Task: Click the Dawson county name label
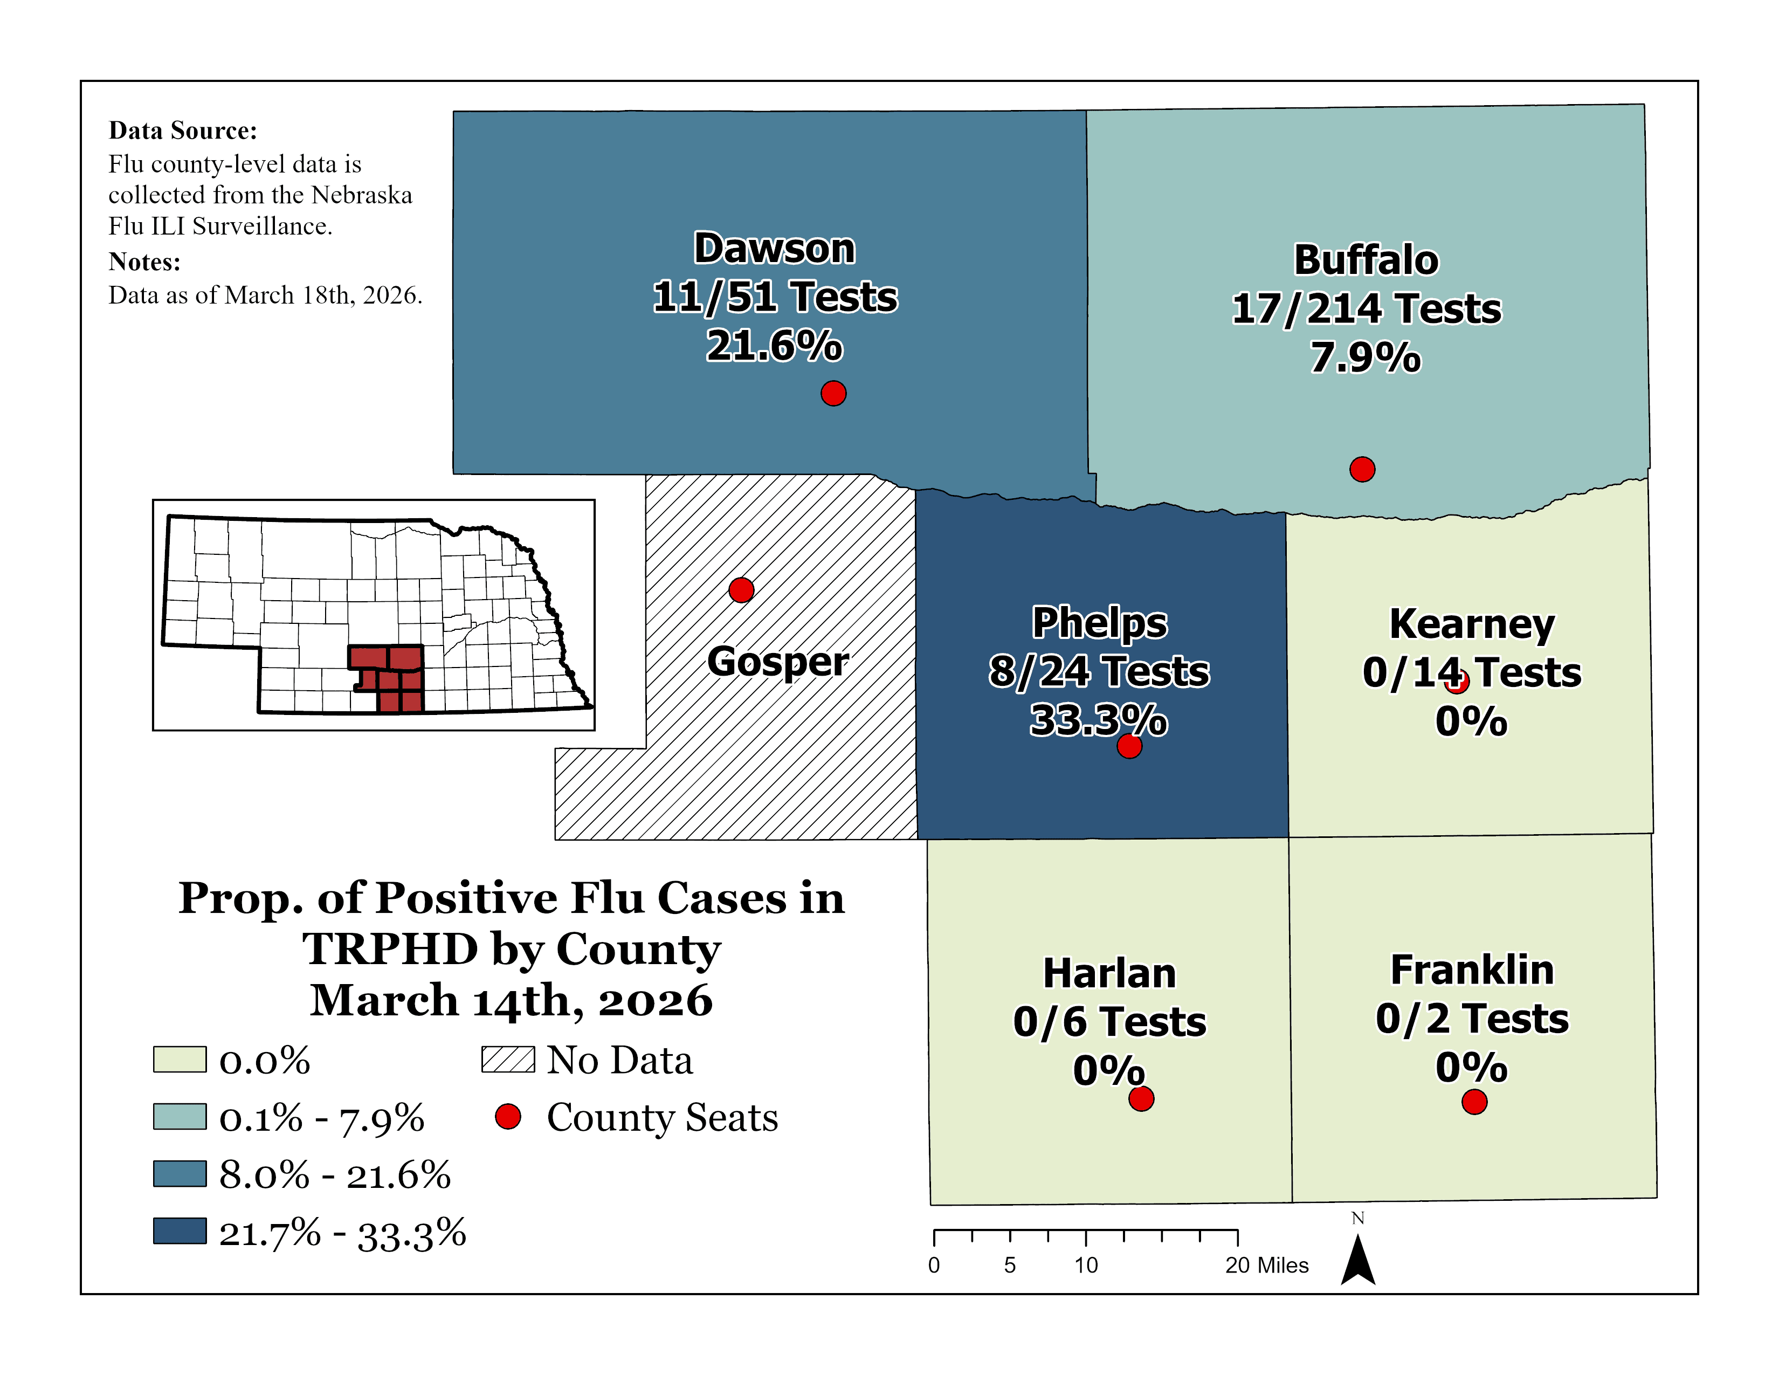774,249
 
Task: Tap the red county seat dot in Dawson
832,394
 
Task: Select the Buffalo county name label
1366,260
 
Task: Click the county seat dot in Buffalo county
1362,469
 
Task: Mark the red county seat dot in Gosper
740,590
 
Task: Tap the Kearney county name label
1471,625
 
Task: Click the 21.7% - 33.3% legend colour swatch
179,1231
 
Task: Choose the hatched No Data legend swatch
507,1060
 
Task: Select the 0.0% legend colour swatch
179,1060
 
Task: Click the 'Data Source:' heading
182,130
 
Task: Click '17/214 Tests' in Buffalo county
1366,310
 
